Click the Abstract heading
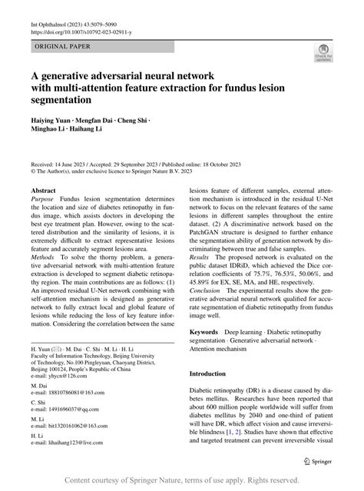click(x=43, y=189)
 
